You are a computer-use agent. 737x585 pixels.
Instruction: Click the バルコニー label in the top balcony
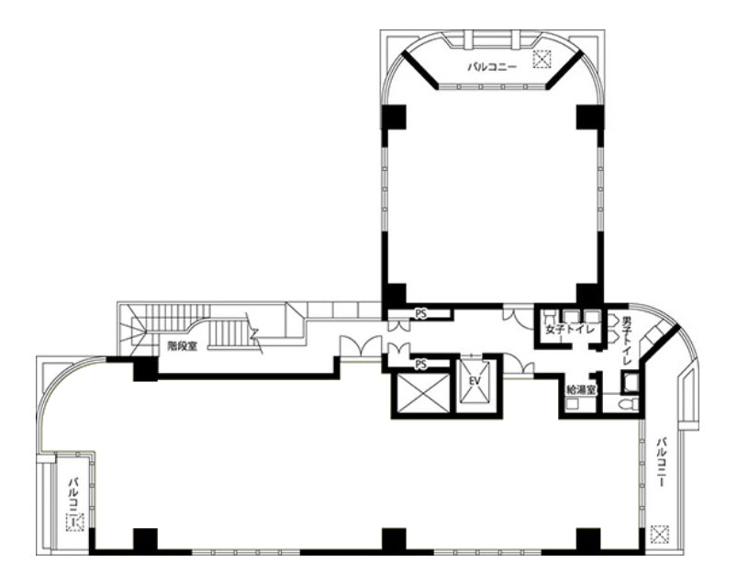pyautogui.click(x=492, y=67)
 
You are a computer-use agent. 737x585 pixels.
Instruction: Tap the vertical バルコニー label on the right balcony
pyautogui.click(x=663, y=462)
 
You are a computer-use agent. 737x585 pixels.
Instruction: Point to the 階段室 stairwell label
pyautogui.click(x=184, y=346)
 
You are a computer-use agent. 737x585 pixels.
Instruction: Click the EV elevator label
pyautogui.click(x=475, y=381)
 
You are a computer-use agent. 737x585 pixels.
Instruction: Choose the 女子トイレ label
pyautogui.click(x=570, y=329)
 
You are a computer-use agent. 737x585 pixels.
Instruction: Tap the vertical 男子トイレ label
pyautogui.click(x=627, y=339)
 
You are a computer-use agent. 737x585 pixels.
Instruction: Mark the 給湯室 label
pyautogui.click(x=581, y=389)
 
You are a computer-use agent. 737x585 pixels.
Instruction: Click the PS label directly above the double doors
pyautogui.click(x=420, y=314)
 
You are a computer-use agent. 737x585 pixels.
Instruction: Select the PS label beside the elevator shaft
pyautogui.click(x=421, y=364)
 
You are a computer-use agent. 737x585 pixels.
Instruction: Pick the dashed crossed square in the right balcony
pyautogui.click(x=660, y=534)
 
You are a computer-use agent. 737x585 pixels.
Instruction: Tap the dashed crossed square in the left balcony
pyautogui.click(x=74, y=523)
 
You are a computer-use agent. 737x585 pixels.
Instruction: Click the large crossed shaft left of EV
pyautogui.click(x=420, y=393)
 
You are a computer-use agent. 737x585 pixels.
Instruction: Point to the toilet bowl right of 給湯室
pyautogui.click(x=628, y=404)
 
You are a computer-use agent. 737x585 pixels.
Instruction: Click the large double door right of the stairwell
pyautogui.click(x=361, y=346)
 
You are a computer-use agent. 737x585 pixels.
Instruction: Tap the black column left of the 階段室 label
pyautogui.click(x=145, y=369)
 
